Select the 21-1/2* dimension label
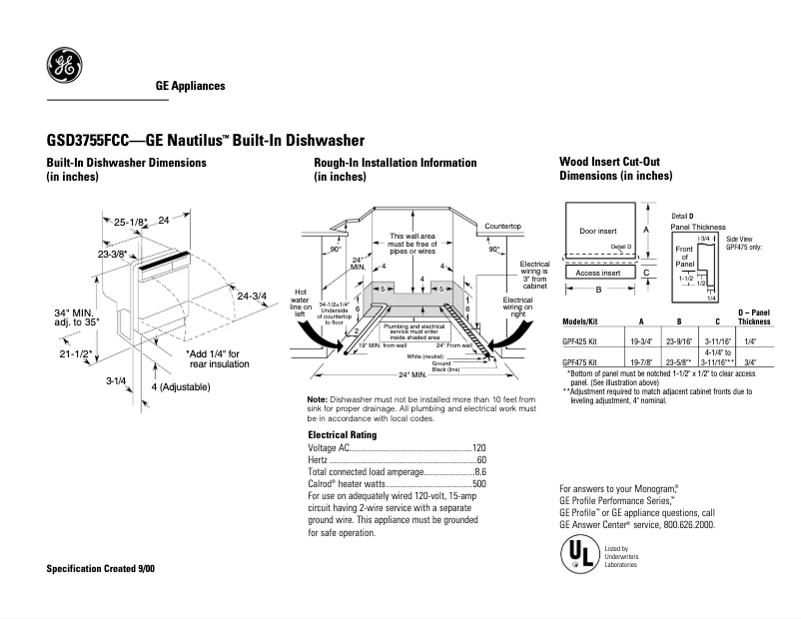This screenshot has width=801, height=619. tap(75, 353)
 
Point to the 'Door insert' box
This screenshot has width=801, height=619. tap(599, 231)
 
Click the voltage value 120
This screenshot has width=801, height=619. tap(478, 448)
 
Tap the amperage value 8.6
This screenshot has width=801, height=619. tap(479, 471)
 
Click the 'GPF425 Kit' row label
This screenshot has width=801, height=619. tap(580, 340)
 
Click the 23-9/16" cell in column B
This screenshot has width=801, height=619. tap(679, 340)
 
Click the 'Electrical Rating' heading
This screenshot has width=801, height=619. tap(342, 435)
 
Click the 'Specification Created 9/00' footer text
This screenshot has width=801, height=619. tap(101, 568)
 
